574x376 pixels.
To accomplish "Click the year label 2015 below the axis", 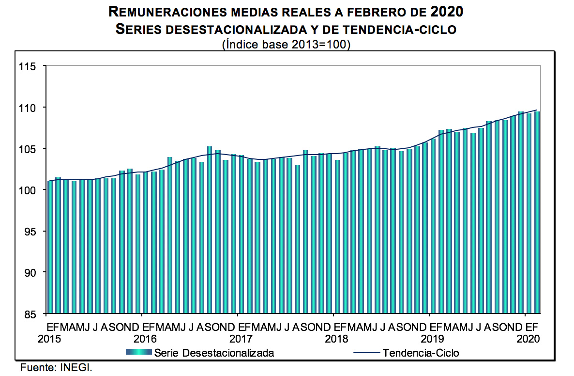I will (49, 338).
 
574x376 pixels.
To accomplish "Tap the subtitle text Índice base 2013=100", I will (286, 44).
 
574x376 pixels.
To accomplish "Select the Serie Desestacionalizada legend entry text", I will (214, 353).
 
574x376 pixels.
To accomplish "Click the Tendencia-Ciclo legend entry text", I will (421, 353).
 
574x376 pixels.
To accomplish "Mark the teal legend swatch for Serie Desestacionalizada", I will (139, 352).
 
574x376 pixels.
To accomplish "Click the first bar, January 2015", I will (50, 247).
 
